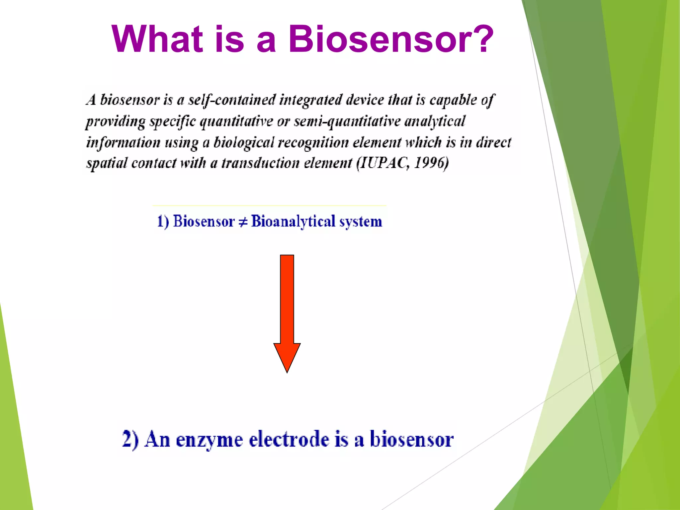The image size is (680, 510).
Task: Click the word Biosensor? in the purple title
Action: (391, 39)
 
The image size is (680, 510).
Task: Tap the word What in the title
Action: (157, 39)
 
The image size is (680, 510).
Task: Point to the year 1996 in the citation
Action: (430, 163)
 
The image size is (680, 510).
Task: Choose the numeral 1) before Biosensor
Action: (163, 221)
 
